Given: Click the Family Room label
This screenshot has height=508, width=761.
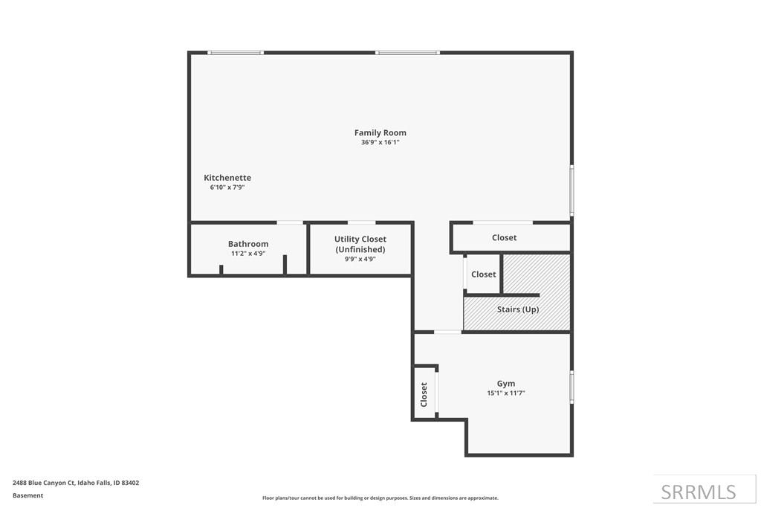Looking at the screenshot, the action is (x=380, y=132).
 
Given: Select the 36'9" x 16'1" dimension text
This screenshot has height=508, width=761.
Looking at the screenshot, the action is (x=380, y=142).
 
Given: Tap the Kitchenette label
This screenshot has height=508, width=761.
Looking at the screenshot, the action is (x=227, y=178).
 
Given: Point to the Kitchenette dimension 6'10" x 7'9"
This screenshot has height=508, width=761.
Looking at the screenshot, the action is (x=227, y=187).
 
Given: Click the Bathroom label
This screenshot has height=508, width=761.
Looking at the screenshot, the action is (x=248, y=244).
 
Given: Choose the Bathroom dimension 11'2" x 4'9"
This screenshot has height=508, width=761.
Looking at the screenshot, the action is (x=248, y=254).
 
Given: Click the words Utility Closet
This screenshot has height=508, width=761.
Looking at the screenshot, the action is (x=360, y=239).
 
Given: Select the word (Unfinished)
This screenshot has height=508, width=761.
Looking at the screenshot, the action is (x=360, y=249).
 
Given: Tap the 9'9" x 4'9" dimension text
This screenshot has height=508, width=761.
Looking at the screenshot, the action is (x=360, y=260).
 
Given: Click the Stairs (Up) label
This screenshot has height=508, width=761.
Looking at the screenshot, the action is (x=518, y=309).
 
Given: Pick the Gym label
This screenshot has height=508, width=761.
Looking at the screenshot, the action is (x=505, y=384).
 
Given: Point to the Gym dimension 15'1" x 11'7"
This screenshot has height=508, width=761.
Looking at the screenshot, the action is (x=505, y=393).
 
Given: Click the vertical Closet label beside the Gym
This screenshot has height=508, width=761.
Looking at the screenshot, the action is (x=424, y=394).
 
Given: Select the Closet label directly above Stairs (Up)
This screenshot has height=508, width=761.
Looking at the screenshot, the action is (x=483, y=274).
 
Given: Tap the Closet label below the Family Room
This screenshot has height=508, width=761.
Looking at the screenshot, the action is (x=504, y=237).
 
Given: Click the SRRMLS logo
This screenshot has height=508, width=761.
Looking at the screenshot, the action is (x=699, y=492).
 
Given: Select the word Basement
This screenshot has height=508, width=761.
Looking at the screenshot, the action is (x=27, y=495).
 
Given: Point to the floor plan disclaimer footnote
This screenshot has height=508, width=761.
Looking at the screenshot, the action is (x=380, y=498).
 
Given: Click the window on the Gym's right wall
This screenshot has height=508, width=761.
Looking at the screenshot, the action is (x=571, y=387).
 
